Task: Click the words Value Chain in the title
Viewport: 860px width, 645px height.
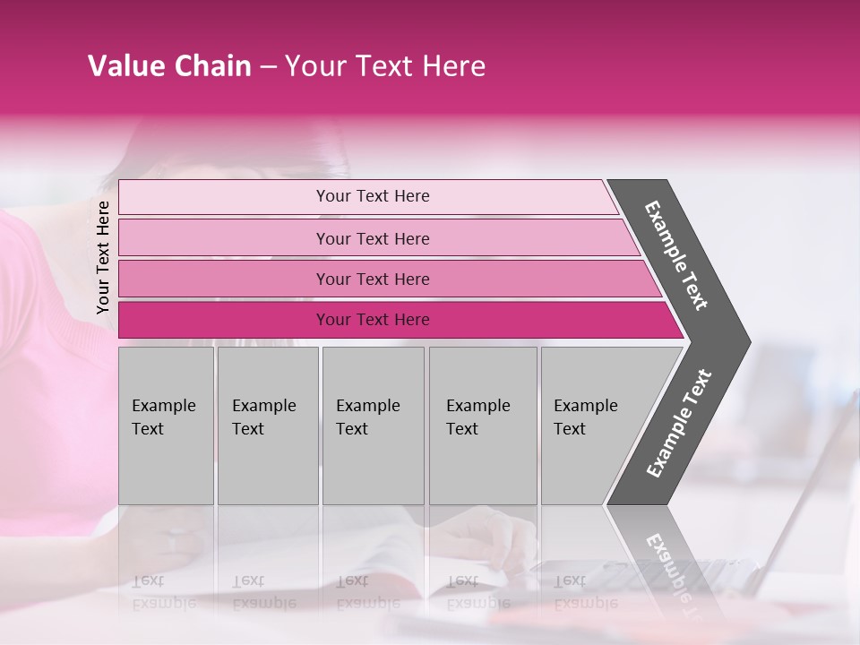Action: [169, 66]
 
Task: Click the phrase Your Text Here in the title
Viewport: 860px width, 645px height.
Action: [385, 66]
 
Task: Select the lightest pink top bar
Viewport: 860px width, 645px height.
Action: [224, 197]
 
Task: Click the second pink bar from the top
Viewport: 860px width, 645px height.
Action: [224, 238]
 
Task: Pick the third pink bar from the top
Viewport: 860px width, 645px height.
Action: [224, 279]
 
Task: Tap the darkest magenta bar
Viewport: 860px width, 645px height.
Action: [224, 320]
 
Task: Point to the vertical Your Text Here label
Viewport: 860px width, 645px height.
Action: [103, 258]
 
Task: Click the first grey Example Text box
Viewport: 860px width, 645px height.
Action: [166, 426]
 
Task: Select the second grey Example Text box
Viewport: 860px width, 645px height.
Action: [267, 426]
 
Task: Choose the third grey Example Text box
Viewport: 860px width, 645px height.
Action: [373, 426]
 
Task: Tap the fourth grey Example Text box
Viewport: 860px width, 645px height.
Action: [483, 426]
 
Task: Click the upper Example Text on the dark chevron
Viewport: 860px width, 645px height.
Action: [677, 255]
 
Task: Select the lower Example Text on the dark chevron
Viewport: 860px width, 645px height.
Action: [679, 423]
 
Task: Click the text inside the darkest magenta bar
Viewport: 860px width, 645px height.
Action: [373, 320]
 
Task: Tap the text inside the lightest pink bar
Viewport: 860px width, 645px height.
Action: [373, 196]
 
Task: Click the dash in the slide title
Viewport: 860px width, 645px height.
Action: [268, 67]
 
